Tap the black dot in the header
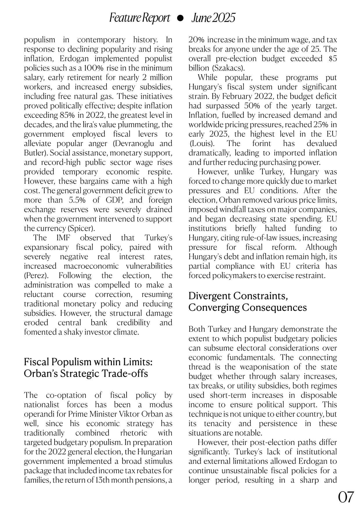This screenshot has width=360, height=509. [180, 18]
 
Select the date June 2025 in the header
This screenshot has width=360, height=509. [213, 18]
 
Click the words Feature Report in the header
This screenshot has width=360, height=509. [140, 18]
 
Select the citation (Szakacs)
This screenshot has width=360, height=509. [231, 68]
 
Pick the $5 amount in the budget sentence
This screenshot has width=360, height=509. [333, 58]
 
